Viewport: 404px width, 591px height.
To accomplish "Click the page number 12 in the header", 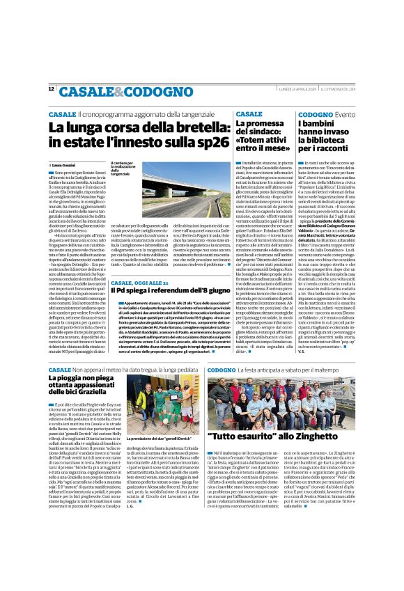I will click(x=52, y=89).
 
